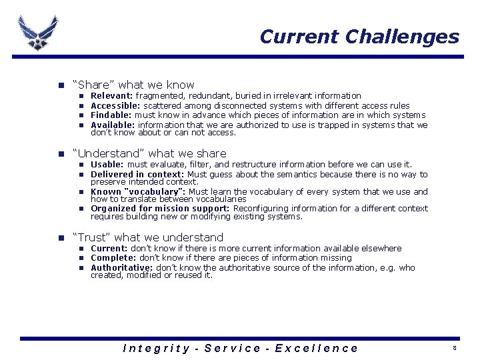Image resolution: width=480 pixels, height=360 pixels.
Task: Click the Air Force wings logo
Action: [x=38, y=32]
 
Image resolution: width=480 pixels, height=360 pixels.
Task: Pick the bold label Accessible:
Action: [x=115, y=105]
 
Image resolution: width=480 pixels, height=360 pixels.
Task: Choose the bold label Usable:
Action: [x=107, y=164]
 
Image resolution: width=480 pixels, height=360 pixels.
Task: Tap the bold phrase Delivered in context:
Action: [x=138, y=174]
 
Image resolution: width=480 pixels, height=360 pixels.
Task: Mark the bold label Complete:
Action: [x=112, y=258]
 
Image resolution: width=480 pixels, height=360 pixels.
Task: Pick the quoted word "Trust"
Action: [x=91, y=237]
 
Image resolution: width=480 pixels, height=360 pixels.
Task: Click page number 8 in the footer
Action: [x=454, y=349]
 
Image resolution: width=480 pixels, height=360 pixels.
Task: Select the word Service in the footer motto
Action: [x=232, y=348]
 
